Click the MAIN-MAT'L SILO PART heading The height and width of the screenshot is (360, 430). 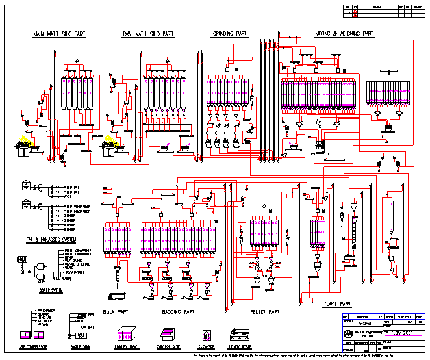59,34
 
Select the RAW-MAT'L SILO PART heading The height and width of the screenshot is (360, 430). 149,34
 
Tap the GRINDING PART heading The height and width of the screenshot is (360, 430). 229,33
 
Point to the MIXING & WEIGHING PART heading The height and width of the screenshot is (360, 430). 344,33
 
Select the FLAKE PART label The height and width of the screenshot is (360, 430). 336,303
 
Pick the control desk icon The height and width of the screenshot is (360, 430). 170,335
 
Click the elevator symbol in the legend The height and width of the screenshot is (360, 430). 208,335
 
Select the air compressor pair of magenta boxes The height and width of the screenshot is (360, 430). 33,335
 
